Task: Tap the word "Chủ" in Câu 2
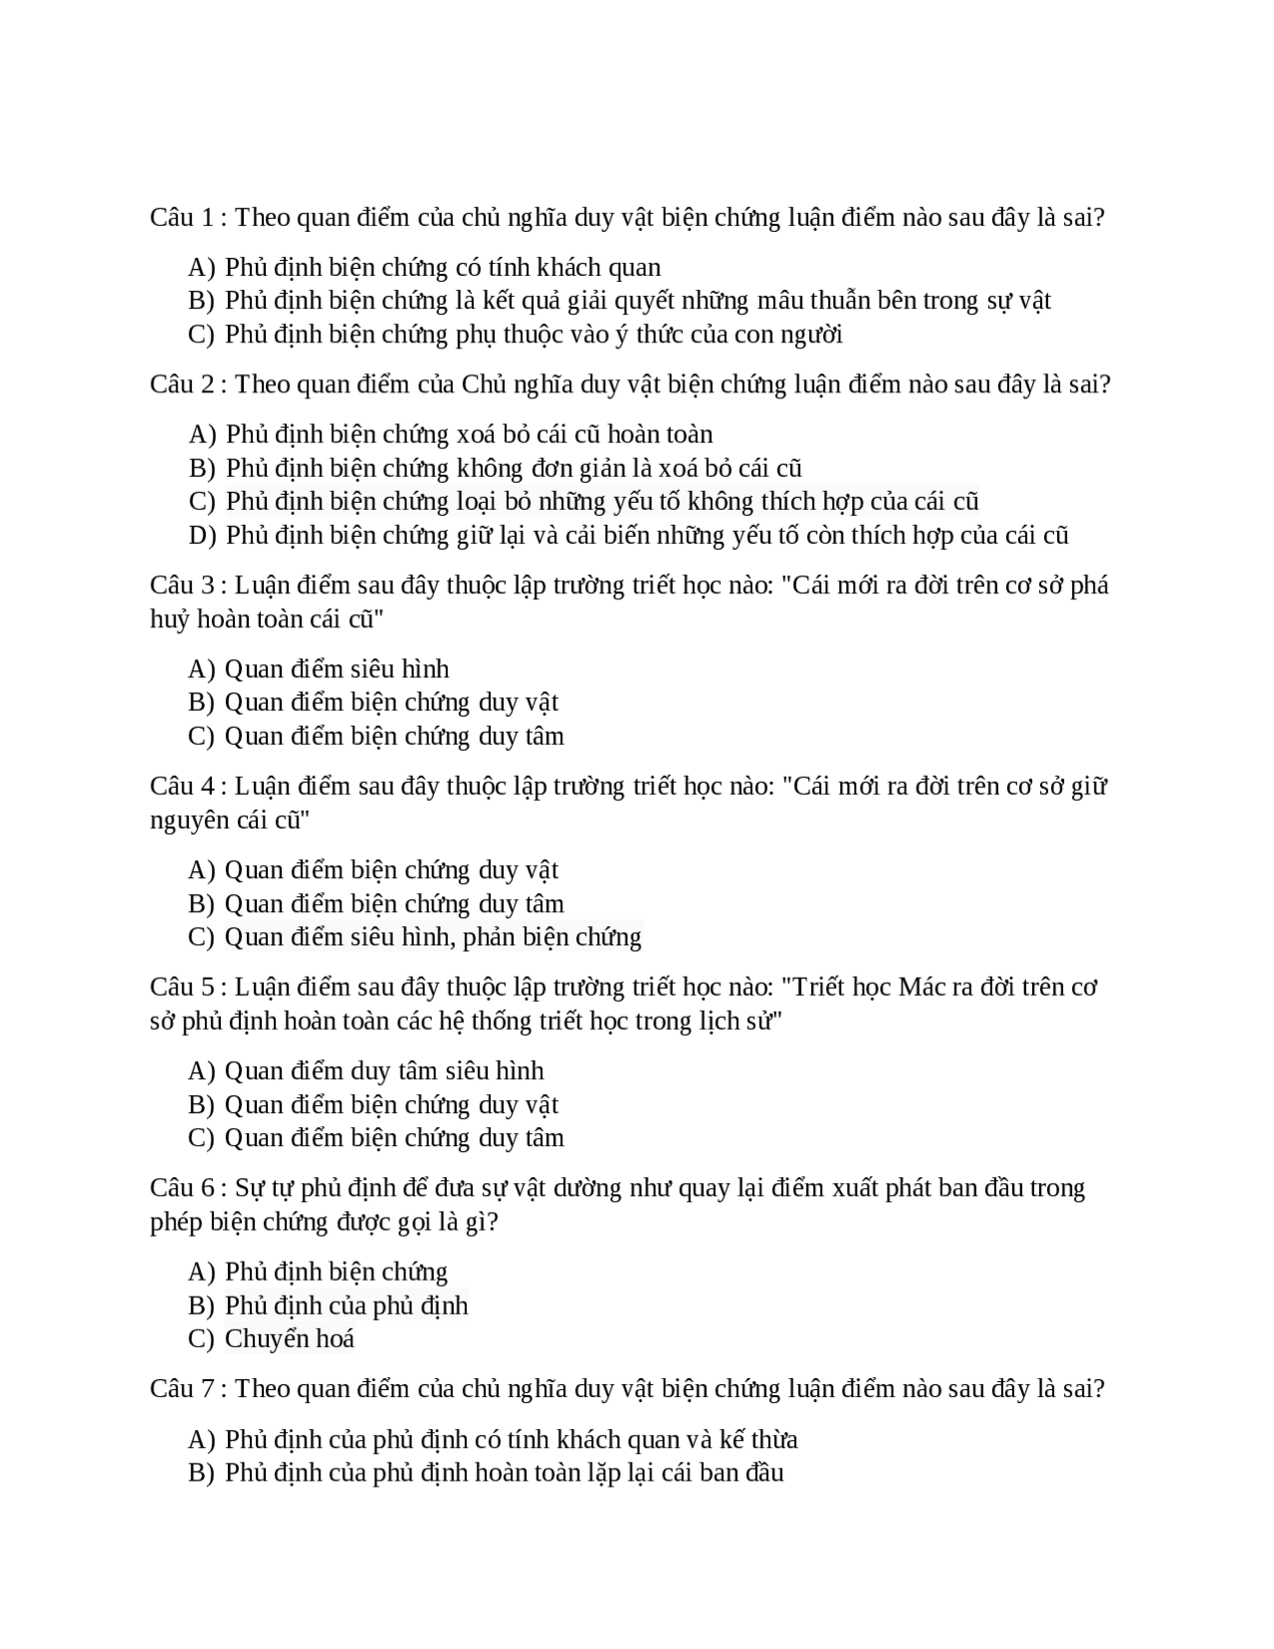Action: click(x=484, y=384)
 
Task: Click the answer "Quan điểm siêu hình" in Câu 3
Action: click(x=336, y=669)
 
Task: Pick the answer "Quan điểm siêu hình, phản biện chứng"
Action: click(x=433, y=937)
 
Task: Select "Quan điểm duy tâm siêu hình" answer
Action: click(x=384, y=1071)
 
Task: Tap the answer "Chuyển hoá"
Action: click(x=290, y=1339)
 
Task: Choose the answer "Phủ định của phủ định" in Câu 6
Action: click(x=346, y=1305)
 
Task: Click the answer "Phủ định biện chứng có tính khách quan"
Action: click(x=443, y=268)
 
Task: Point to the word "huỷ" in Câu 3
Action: click(x=169, y=619)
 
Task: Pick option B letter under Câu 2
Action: click(x=201, y=469)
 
